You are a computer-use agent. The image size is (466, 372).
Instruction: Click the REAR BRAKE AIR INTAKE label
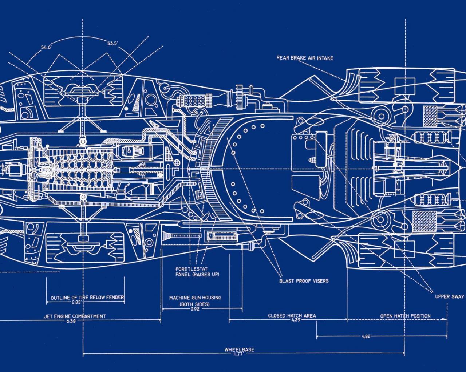305,58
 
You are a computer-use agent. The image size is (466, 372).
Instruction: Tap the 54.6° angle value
46,47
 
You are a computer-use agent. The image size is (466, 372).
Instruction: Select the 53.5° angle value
112,43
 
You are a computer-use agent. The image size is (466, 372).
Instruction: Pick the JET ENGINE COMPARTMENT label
75,316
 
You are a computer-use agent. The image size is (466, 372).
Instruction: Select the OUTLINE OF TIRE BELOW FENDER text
87,298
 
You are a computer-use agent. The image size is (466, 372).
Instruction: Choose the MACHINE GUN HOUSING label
195,298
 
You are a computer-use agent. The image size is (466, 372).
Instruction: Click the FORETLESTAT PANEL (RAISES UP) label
197,272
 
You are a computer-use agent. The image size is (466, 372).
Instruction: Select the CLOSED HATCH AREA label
292,316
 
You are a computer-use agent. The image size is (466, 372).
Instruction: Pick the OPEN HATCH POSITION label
405,316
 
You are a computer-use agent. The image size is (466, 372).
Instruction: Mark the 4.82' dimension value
366,337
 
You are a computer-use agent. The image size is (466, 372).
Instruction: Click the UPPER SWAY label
450,296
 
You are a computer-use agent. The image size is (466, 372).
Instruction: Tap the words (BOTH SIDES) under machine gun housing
195,304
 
